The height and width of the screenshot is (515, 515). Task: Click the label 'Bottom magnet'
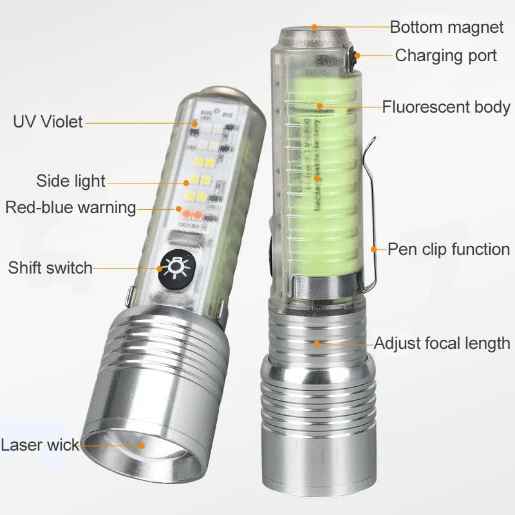click(447, 27)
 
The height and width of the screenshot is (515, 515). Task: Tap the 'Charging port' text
click(446, 55)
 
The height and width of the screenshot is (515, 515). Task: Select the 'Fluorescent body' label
click(446, 107)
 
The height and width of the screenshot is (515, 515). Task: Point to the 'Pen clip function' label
click(449, 249)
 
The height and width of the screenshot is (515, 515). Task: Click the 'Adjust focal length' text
click(442, 343)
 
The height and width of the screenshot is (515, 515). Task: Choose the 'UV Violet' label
click(48, 121)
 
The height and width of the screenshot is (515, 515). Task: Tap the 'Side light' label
click(71, 181)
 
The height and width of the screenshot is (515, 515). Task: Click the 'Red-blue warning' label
click(71, 207)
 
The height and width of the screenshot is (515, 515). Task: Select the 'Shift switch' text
click(51, 267)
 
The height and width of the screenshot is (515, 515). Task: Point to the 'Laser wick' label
click(40, 444)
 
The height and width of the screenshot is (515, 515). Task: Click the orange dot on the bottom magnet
click(315, 27)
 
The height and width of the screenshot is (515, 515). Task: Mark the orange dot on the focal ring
click(317, 343)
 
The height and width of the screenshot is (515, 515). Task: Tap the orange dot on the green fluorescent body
click(318, 106)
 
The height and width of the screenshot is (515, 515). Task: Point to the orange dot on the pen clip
click(374, 249)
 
